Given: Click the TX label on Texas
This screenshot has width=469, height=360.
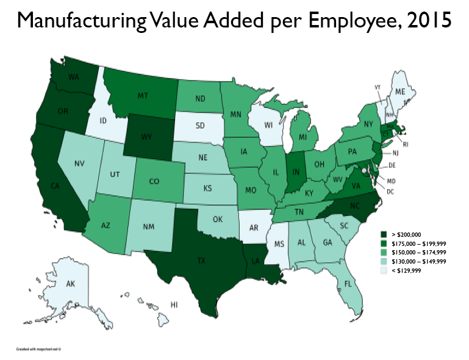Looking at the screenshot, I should (201, 259).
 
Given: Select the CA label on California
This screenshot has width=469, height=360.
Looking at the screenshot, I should (54, 186).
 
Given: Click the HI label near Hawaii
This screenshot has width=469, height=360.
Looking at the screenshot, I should (174, 304).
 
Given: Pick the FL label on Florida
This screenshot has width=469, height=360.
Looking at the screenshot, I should (347, 284).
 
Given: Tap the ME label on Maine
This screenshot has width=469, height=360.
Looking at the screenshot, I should (400, 92).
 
